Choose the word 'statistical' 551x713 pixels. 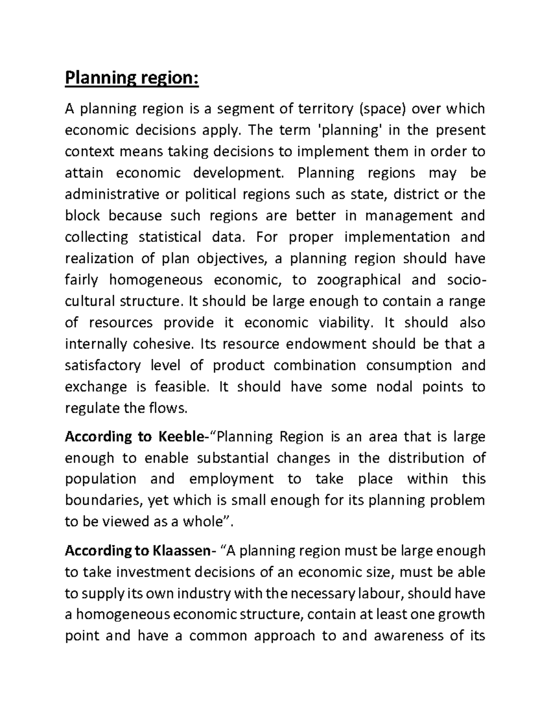pyautogui.click(x=170, y=237)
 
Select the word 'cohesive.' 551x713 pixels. pyautogui.click(x=160, y=344)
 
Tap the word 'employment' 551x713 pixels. pyautogui.click(x=231, y=479)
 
